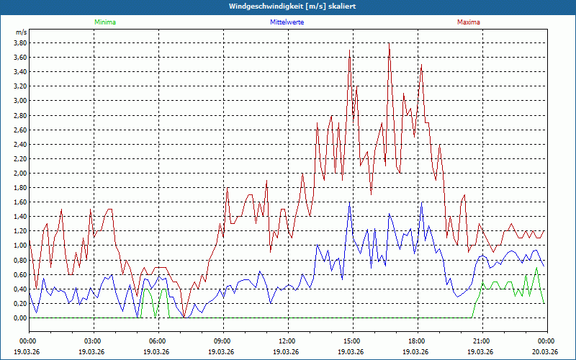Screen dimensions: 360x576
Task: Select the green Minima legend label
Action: tap(104, 22)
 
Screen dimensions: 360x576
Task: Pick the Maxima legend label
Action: tap(468, 22)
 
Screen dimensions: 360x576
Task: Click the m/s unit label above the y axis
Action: tap(21, 32)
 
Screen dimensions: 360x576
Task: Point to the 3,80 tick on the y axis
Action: tap(20, 42)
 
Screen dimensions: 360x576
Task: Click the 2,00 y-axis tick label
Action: tap(20, 173)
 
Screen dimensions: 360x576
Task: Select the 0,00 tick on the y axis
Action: tap(20, 318)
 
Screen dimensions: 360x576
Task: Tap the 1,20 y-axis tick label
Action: tap(20, 231)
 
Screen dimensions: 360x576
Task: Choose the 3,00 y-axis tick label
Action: tap(20, 100)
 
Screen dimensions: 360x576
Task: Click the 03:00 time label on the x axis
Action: tap(93, 341)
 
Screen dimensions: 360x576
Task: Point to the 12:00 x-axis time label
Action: tap(287, 341)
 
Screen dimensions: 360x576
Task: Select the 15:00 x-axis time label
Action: tap(352, 341)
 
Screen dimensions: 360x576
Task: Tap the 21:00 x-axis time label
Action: tap(482, 341)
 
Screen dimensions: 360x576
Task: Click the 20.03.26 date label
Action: tap(546, 351)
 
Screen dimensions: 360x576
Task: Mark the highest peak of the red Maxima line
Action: tap(389, 43)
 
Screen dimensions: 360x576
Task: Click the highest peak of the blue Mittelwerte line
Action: tap(350, 202)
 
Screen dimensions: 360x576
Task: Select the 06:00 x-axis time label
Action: tap(158, 341)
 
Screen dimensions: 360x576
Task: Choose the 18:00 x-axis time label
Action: tap(417, 341)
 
